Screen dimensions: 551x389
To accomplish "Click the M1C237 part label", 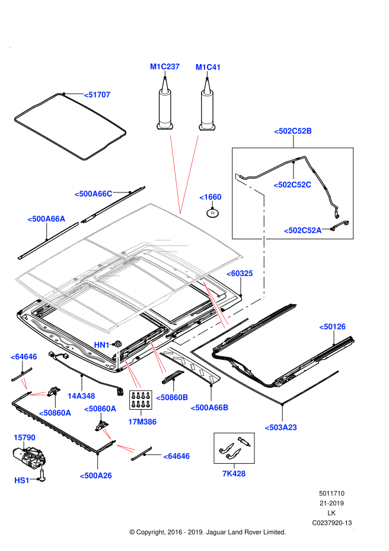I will [165, 66].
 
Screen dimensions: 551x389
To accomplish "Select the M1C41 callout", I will [208, 67].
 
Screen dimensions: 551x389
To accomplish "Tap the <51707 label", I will [97, 94].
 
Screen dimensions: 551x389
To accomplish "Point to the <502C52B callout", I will [293, 131].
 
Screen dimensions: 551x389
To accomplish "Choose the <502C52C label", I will [292, 185].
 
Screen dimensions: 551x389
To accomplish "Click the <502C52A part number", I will [302, 230].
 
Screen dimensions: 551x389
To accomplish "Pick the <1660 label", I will [211, 197].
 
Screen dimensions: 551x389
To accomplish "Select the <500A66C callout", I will [93, 194].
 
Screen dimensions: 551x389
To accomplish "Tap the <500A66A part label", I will [46, 218].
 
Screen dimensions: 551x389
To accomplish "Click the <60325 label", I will [240, 273].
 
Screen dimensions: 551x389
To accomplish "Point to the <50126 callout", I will [332, 327].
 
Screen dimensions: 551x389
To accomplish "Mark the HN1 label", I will [102, 345].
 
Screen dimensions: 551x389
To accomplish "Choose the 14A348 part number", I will [81, 396].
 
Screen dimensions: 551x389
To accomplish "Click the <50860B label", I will [172, 397].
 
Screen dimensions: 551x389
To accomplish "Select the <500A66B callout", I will [209, 407].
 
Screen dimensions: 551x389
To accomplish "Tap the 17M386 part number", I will [142, 422].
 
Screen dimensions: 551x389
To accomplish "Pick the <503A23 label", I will [280, 427].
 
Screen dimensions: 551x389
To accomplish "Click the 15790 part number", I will [24, 438].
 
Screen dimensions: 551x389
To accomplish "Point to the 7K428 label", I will [234, 473].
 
